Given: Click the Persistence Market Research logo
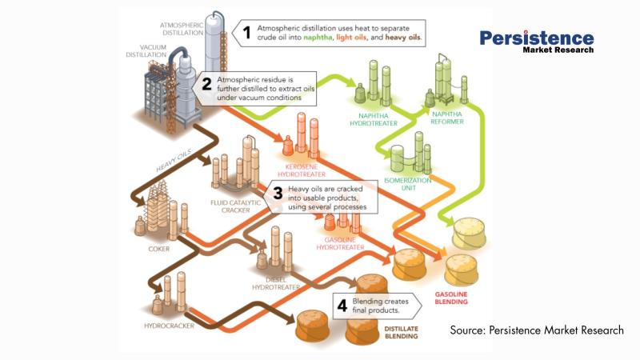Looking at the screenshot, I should point(537,41).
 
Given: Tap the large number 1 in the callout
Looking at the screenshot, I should point(248,34).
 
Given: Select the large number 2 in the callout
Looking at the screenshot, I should point(206,86).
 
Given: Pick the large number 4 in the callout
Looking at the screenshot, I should point(342,305).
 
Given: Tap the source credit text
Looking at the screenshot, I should point(536,330).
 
